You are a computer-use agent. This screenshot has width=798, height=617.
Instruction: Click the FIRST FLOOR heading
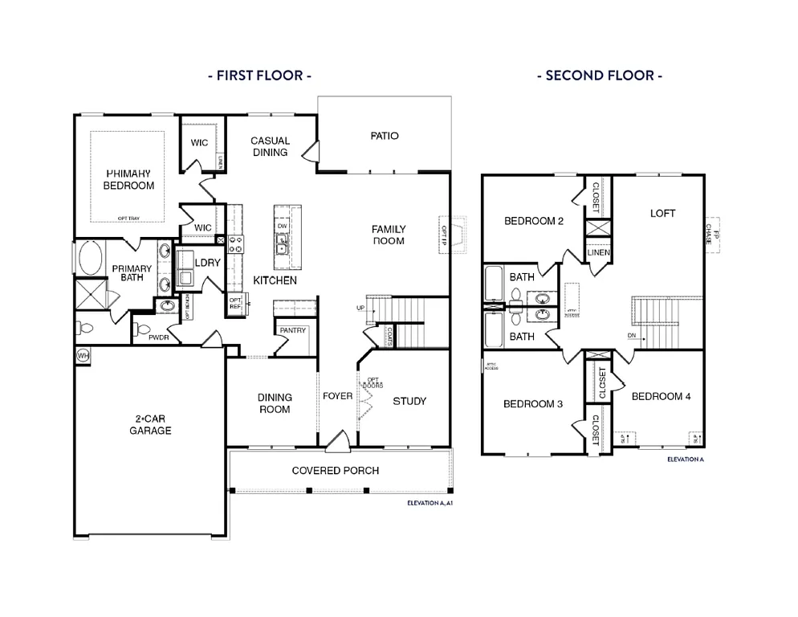(x=259, y=76)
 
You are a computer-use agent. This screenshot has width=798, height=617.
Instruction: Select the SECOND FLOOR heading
(x=600, y=76)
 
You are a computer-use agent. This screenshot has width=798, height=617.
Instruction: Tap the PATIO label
(x=385, y=136)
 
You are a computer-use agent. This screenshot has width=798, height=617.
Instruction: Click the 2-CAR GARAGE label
(x=152, y=424)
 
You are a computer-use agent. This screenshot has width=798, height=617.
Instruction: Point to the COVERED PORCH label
(x=336, y=470)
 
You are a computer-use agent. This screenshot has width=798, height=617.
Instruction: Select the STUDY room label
(x=409, y=401)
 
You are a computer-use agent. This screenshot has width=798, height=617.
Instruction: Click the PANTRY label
(x=293, y=330)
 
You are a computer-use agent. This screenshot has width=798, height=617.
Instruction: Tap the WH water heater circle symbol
(x=83, y=354)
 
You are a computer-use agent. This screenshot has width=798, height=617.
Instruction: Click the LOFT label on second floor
(x=662, y=214)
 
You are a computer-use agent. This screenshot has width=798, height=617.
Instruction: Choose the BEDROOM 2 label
(x=534, y=221)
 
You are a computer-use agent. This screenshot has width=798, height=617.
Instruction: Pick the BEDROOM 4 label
(x=661, y=396)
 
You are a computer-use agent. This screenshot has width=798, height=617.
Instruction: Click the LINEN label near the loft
(x=599, y=252)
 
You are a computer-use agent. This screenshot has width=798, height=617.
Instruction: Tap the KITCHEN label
(x=275, y=280)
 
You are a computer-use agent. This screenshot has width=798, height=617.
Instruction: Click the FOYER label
(x=338, y=396)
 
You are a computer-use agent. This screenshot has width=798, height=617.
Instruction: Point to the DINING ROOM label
(x=275, y=403)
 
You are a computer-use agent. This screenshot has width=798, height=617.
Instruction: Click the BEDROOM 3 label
(x=533, y=404)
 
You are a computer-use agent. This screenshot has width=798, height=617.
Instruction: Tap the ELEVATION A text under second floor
(x=685, y=460)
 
